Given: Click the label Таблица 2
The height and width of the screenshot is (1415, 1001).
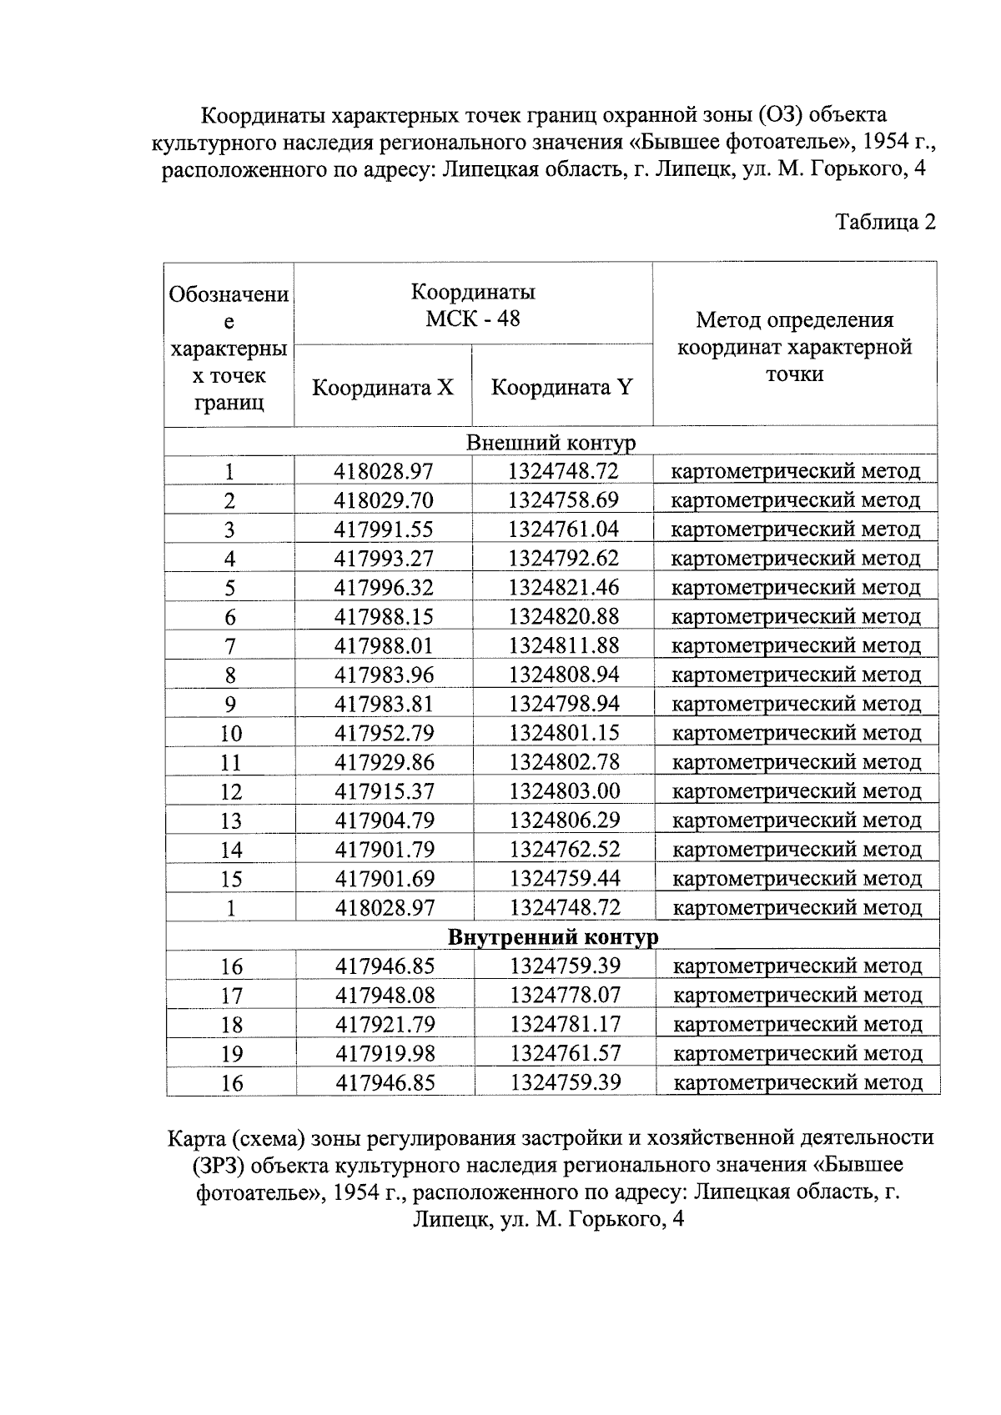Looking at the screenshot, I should (885, 223).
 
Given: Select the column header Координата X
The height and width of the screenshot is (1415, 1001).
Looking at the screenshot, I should (383, 388).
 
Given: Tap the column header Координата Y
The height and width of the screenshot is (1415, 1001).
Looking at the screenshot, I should (561, 388).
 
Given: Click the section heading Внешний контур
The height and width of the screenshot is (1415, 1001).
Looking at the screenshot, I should (551, 442).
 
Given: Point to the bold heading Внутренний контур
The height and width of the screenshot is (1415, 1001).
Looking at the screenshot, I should (553, 937).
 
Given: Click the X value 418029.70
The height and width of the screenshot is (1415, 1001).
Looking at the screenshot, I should (384, 500).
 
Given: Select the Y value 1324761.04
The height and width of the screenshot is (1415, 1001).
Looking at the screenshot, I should (564, 529).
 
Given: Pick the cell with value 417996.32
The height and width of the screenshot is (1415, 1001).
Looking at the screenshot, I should (384, 588).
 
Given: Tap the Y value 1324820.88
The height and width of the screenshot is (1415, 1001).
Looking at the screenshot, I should (564, 617).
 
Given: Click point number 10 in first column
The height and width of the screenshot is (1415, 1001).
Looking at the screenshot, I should (230, 734).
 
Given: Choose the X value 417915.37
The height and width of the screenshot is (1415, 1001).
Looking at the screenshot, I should (385, 791).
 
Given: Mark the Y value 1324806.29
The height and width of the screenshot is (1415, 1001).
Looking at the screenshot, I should (565, 820).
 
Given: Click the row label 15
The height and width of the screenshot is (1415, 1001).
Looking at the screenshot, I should (231, 879).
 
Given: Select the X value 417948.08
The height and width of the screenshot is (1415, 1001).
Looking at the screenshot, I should (385, 996).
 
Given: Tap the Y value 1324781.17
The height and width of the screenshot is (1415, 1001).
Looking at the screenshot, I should (566, 1025).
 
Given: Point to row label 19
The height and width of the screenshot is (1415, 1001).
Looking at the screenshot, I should (232, 1054).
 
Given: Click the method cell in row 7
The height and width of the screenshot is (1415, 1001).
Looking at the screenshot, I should (796, 646).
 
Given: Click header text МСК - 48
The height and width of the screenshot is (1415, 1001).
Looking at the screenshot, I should (472, 319).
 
